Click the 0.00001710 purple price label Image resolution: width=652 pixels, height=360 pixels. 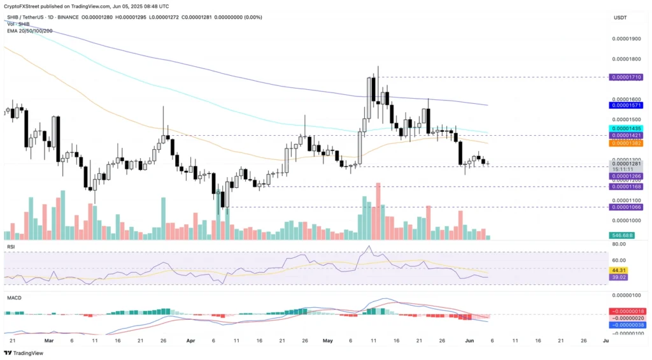tap(626, 76)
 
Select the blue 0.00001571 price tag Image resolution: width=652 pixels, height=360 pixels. tap(626, 106)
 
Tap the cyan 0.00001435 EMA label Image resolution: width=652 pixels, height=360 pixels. tap(626, 128)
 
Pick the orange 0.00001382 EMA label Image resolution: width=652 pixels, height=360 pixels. tap(626, 143)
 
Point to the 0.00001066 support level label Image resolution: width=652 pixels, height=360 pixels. tap(626, 207)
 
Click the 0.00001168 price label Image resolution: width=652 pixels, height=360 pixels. tap(626, 187)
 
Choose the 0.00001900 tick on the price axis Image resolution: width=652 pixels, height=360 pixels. tap(626, 39)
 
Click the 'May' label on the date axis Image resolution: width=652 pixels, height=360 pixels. tap(328, 341)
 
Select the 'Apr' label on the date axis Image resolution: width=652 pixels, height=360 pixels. tap(191, 341)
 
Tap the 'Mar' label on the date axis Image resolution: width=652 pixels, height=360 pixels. tap(49, 341)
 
